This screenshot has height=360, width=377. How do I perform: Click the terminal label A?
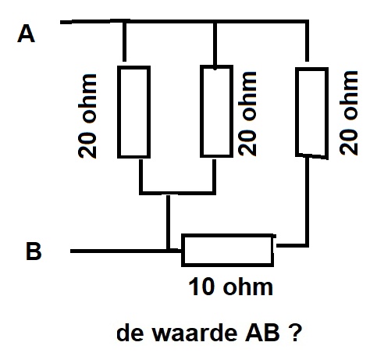point(26,34)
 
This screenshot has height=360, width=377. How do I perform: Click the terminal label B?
point(34,251)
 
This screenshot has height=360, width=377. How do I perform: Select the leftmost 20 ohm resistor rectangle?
point(133,112)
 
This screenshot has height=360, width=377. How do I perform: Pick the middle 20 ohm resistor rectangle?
point(216,111)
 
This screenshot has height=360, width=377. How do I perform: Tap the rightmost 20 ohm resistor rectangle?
point(311,113)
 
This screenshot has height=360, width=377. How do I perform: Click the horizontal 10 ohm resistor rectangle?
point(228,251)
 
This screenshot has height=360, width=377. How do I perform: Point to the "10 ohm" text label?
point(230,287)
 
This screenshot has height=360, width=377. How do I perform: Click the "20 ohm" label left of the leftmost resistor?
point(87,116)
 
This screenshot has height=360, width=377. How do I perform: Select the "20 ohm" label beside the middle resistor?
point(247,113)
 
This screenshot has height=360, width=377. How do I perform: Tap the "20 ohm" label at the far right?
point(349,112)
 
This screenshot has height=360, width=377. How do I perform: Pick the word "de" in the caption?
point(130,333)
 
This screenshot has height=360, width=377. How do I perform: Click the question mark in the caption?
point(295,332)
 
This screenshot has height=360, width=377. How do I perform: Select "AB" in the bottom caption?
point(262,333)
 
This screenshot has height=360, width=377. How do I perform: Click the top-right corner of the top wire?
point(308,21)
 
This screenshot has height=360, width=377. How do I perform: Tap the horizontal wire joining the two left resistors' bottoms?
point(178,193)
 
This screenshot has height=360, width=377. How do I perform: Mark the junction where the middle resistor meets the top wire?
point(215,21)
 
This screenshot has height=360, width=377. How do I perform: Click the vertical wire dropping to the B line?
point(168,222)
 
